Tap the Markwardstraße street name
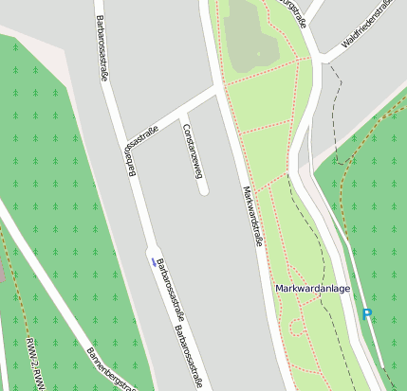[251, 217]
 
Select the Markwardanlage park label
[313, 288]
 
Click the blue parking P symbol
[366, 314]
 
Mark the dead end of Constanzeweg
[203, 191]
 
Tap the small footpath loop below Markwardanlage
[296, 328]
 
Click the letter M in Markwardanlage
[280, 288]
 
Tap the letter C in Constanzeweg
[187, 128]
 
